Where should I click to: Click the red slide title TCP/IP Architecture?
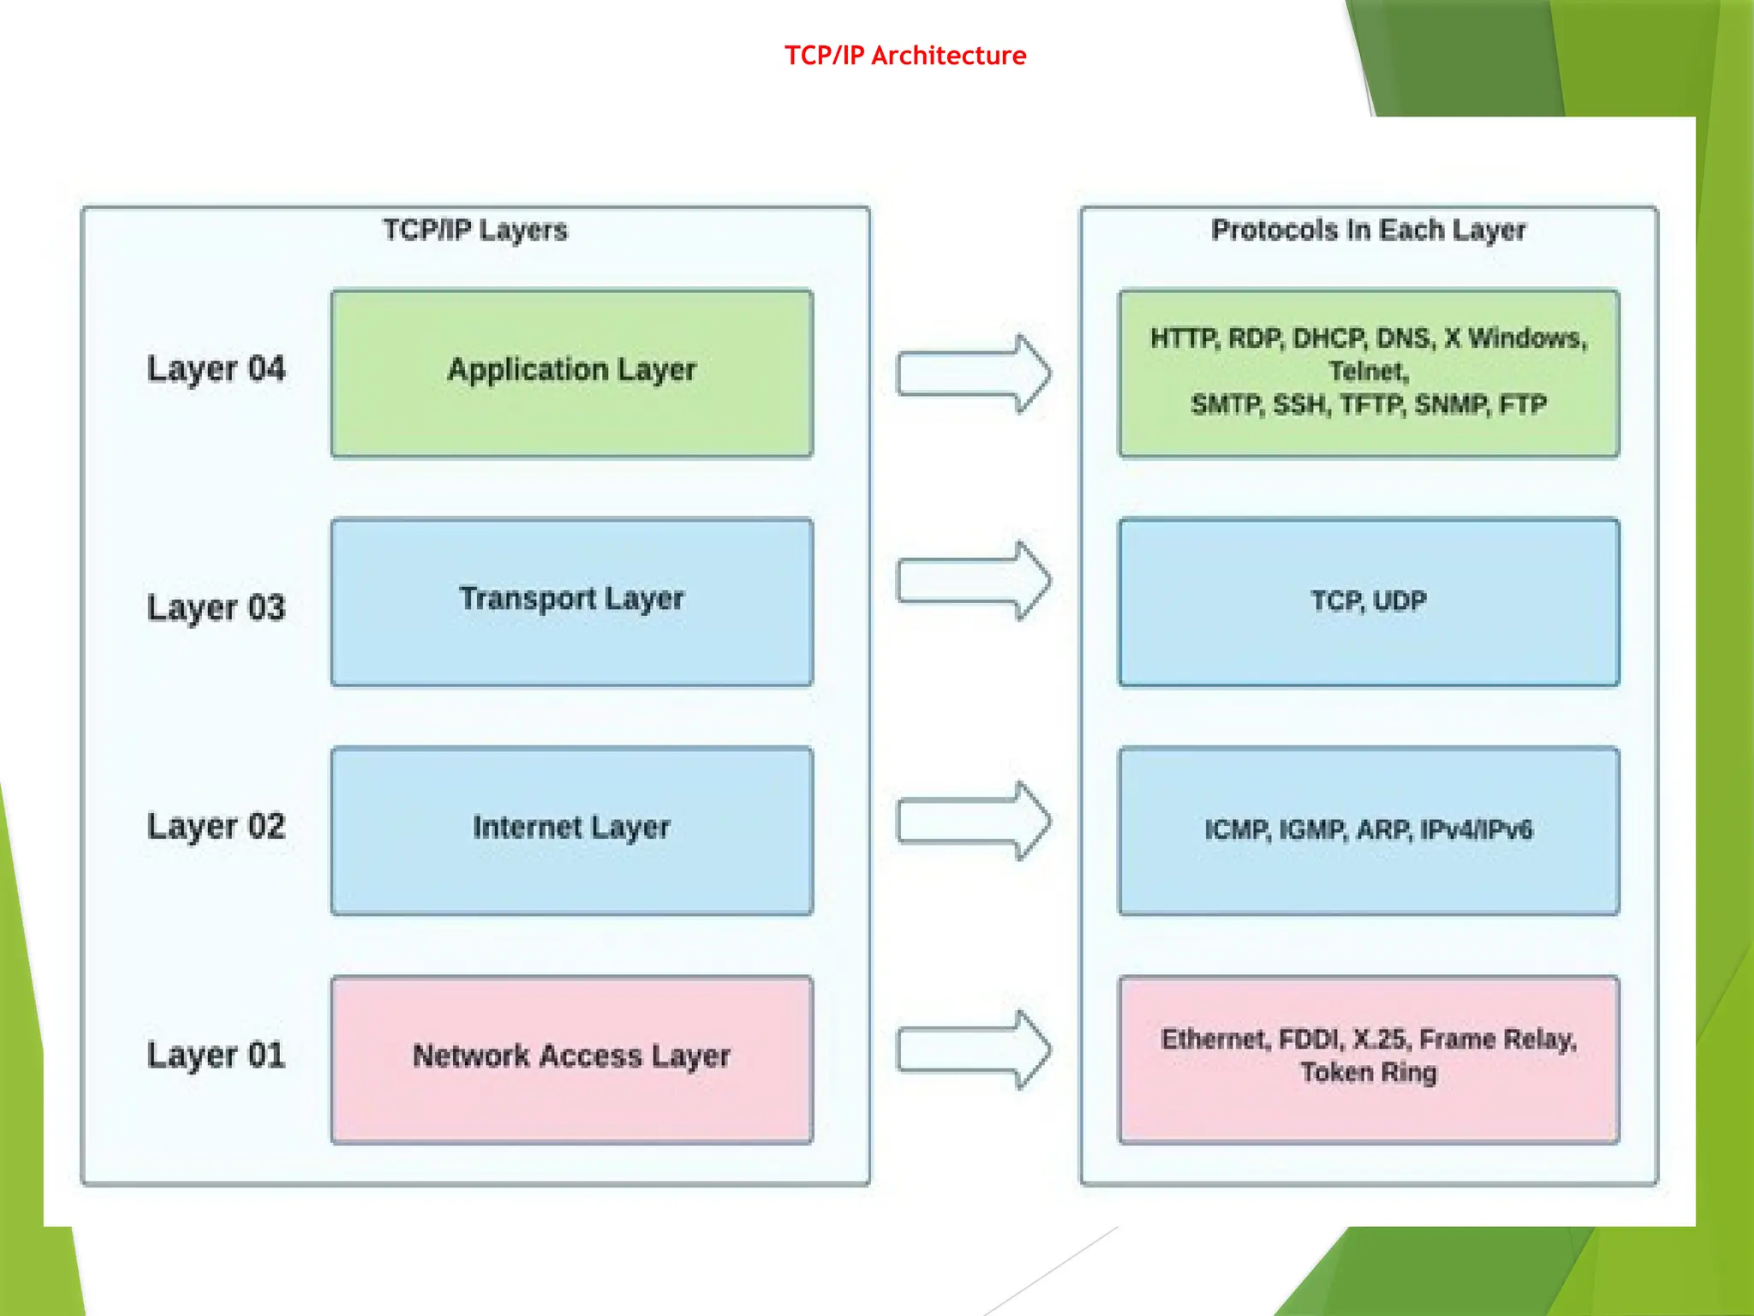[905, 56]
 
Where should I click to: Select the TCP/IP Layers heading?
[474, 230]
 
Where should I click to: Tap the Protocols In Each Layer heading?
[1368, 230]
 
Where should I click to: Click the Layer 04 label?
[216, 369]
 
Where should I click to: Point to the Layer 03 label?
[216, 607]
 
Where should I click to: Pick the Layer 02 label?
[216, 827]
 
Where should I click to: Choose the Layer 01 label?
[216, 1055]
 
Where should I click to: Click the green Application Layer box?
[571, 373]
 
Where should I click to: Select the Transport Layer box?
[571, 601]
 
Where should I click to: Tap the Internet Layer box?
[571, 830]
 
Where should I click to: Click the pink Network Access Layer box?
[571, 1059]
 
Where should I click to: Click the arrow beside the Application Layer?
[973, 374]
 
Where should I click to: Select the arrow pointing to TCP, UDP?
[973, 581]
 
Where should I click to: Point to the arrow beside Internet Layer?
[973, 821]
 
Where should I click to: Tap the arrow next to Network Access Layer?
[973, 1050]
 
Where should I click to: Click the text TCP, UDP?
[1368, 601]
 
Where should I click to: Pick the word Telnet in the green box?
[1368, 371]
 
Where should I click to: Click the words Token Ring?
[1368, 1073]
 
